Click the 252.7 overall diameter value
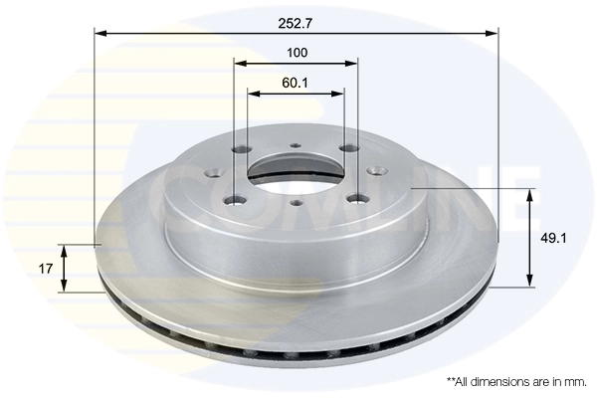pyautogui.click(x=297, y=19)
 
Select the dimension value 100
pyautogui.click(x=296, y=52)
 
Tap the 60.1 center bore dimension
pyautogui.click(x=296, y=83)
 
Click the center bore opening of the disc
pyautogui.click(x=296, y=170)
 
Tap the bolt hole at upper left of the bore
pyautogui.click(x=240, y=151)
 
